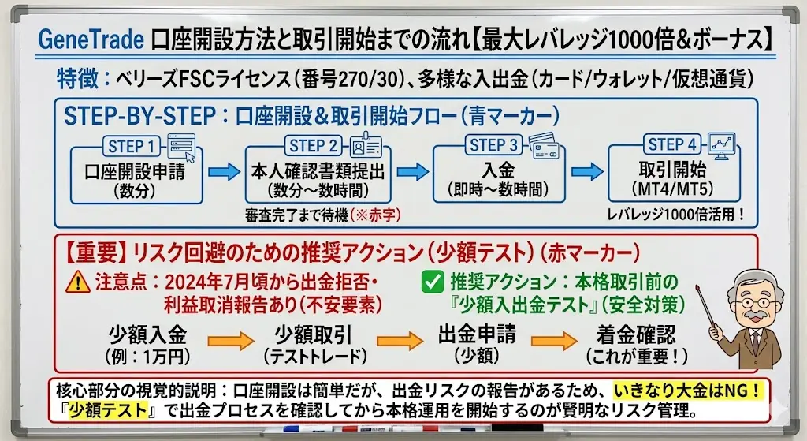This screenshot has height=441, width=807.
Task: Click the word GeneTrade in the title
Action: coord(90,39)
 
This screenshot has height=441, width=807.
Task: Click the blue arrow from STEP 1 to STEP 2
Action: coord(223,171)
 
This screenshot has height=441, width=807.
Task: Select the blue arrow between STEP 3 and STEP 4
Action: coord(586,171)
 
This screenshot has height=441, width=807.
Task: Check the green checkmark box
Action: coord(432,280)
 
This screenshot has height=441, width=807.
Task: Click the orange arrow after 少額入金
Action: coord(230,342)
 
